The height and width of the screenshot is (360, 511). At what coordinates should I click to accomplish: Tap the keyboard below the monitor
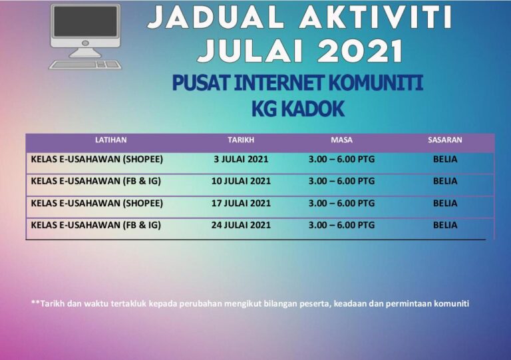(85, 65)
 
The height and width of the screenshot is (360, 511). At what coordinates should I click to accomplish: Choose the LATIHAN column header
(111, 140)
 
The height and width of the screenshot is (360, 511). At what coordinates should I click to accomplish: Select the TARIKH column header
(241, 140)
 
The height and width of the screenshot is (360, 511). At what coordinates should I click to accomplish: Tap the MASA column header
(341, 140)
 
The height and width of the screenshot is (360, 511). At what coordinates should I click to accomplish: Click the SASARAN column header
(445, 140)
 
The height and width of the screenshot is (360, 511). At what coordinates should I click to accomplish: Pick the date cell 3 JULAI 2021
(242, 160)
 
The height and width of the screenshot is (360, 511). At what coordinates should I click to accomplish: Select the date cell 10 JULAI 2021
(242, 181)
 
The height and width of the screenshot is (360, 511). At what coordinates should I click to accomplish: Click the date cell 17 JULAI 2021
(242, 203)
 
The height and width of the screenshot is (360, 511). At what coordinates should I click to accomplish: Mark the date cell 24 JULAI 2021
(242, 225)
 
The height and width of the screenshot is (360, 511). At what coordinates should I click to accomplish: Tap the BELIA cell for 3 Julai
(445, 160)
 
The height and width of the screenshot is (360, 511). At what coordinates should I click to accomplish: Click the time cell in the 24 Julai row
(341, 225)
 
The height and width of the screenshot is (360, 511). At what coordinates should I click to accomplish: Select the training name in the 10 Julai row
(96, 181)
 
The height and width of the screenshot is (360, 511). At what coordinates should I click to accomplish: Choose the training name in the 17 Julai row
(97, 203)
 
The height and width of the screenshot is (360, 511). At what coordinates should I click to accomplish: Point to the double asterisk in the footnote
(35, 303)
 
